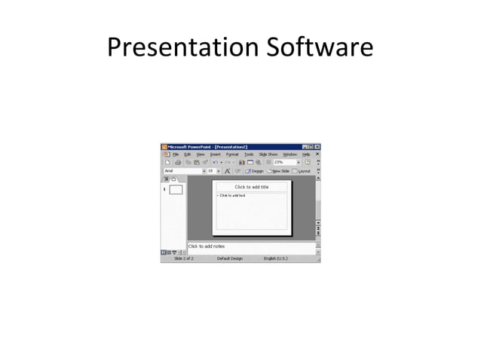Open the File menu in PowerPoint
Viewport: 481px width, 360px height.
coord(176,154)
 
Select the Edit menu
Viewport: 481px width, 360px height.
coord(188,154)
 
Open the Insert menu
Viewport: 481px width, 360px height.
coord(215,154)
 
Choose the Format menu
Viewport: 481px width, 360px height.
coord(232,154)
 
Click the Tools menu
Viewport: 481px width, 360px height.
coord(249,154)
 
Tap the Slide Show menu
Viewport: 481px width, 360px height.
coord(268,154)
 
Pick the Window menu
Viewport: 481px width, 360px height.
coord(290,154)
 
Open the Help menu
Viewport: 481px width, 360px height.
coord(306,154)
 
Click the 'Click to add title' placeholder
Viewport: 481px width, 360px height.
coord(251,187)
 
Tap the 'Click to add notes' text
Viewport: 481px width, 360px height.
coord(207,246)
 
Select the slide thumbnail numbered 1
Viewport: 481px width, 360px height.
coord(176,189)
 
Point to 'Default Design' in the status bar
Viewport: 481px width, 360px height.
coord(229,258)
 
